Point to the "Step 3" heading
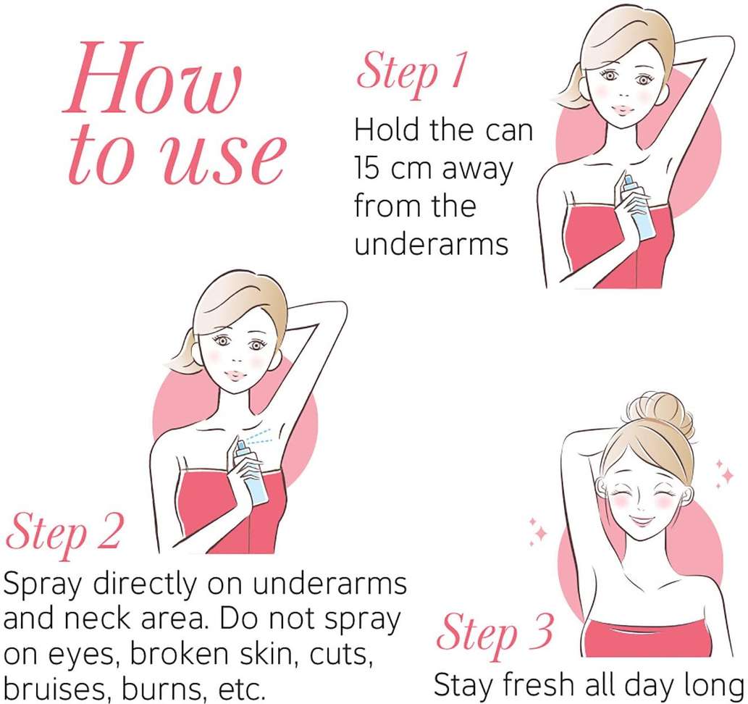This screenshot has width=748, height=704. [495, 634]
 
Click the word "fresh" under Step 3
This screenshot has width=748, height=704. [538, 684]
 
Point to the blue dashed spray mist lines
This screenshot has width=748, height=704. [258, 436]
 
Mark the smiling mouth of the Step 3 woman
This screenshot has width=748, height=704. [639, 521]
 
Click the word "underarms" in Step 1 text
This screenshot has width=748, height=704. [432, 244]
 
